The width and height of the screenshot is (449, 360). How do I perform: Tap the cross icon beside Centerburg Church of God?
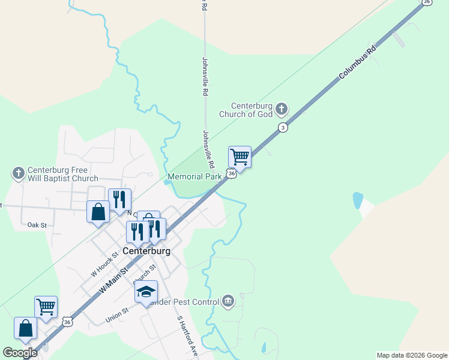(x=280, y=109)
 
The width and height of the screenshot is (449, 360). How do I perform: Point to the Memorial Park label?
(x=195, y=177)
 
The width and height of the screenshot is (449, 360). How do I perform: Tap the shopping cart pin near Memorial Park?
(x=240, y=158)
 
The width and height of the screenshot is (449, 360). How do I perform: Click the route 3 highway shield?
(x=282, y=127)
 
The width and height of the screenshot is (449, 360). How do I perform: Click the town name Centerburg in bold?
(x=146, y=251)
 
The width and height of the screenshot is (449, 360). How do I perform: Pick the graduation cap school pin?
(x=146, y=292)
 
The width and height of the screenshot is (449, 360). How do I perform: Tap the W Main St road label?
(x=115, y=280)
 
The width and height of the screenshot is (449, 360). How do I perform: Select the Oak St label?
(x=37, y=225)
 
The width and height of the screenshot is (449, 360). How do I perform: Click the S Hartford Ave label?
(x=187, y=337)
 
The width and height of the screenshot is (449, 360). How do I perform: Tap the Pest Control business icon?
(x=228, y=301)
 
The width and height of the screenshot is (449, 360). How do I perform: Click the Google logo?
(x=20, y=353)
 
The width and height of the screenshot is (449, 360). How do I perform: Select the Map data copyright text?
(x=412, y=355)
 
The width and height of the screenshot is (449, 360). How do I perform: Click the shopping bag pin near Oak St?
(x=98, y=212)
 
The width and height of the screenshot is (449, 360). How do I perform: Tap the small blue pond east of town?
(x=358, y=200)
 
